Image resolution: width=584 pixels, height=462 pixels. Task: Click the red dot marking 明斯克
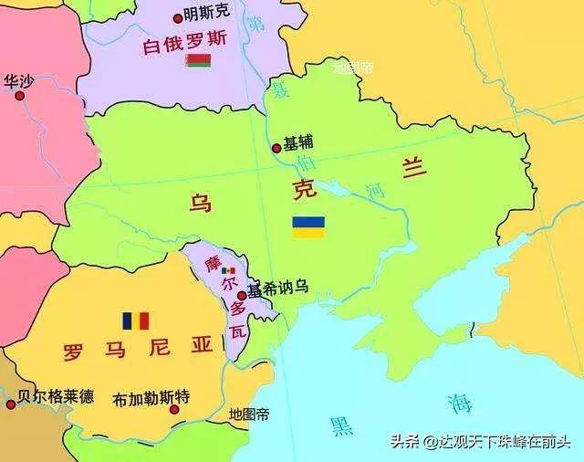coord(177,16)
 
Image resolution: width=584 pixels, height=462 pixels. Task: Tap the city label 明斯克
coord(207,15)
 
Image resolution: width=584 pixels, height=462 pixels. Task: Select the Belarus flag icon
coord(198,61)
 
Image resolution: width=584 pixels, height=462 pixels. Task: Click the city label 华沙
coord(18,80)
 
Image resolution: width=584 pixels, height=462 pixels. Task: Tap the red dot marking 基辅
coord(276,148)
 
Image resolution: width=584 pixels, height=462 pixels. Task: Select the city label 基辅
coord(297,143)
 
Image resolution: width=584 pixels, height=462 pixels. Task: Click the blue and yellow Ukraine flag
coord(308,227)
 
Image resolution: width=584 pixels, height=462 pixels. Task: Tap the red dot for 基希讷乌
coord(241,295)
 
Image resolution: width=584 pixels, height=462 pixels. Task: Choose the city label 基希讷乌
coord(277,287)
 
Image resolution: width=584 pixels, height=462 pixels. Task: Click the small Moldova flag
coord(228,271)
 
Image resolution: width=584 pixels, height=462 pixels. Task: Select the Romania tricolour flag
coord(136,320)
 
